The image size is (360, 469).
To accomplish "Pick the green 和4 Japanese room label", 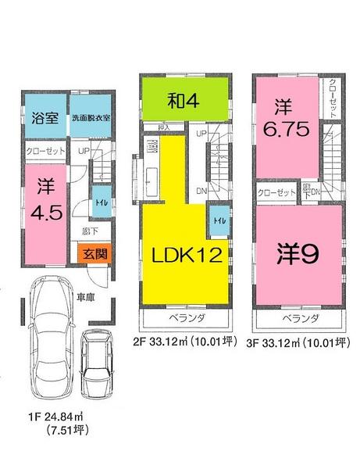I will click(185, 99).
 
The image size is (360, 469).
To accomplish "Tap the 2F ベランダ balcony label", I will click(187, 320).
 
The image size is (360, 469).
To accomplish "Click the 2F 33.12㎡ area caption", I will click(187, 341).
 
